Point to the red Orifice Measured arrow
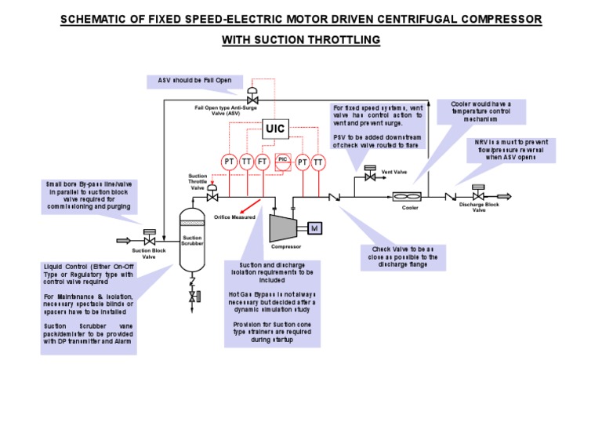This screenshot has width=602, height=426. click(251, 206)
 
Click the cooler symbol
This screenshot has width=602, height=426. click(410, 197)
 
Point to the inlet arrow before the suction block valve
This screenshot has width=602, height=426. click(125, 239)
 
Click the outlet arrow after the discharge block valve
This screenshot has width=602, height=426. click(502, 196)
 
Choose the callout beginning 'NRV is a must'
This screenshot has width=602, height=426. click(504, 149)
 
